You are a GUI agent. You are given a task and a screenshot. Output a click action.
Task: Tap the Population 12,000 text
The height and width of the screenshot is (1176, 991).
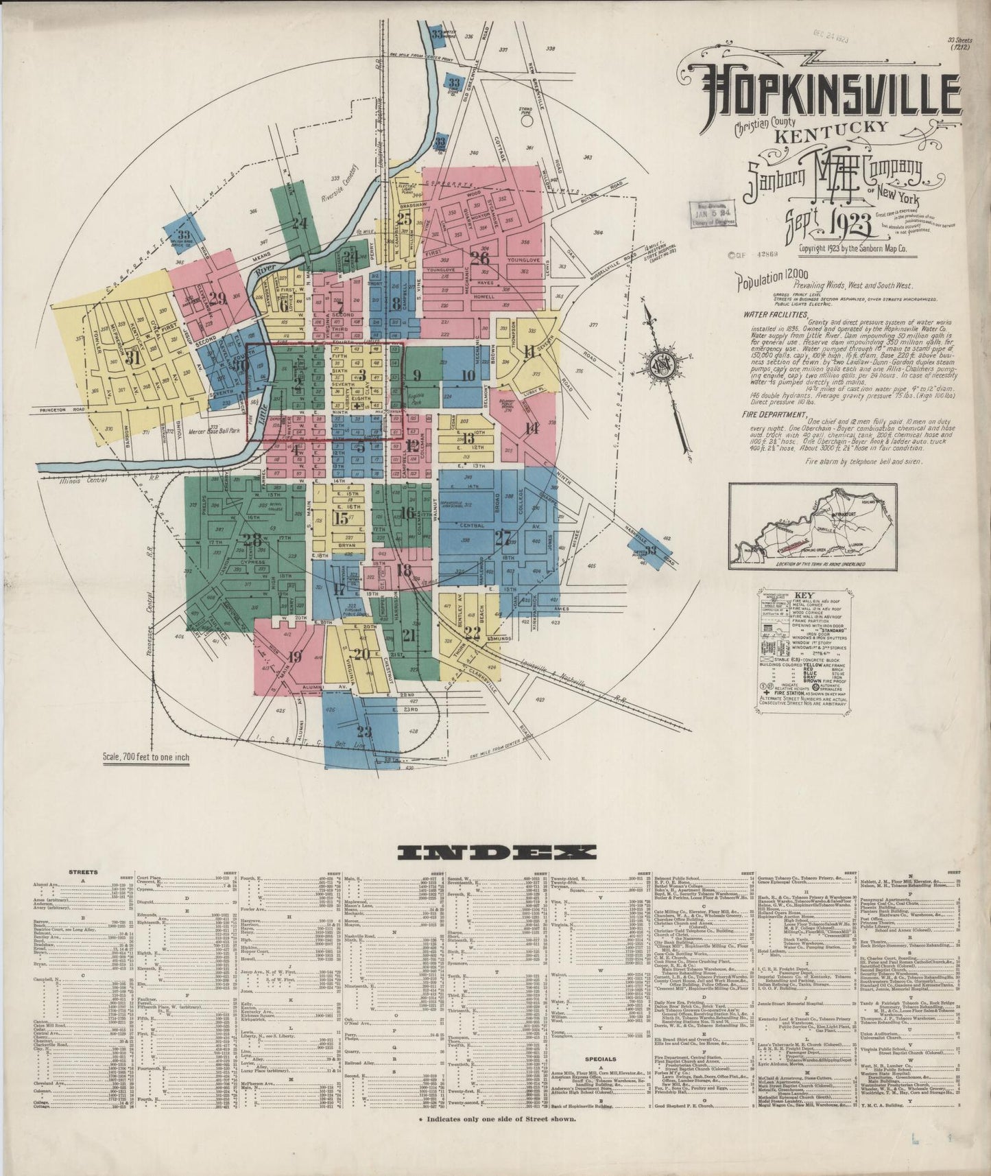pyautogui.click(x=768, y=279)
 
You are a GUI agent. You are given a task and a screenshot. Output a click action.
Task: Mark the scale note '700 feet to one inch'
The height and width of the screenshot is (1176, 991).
pyautogui.click(x=145, y=758)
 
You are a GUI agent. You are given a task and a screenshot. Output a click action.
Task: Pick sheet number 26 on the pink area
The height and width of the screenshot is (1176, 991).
pyautogui.click(x=480, y=258)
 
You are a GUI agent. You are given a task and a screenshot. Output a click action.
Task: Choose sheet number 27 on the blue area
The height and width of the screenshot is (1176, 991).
pyautogui.click(x=502, y=538)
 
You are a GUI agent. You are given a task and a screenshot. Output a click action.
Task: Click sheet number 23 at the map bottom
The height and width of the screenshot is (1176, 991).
pyautogui.click(x=363, y=731)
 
